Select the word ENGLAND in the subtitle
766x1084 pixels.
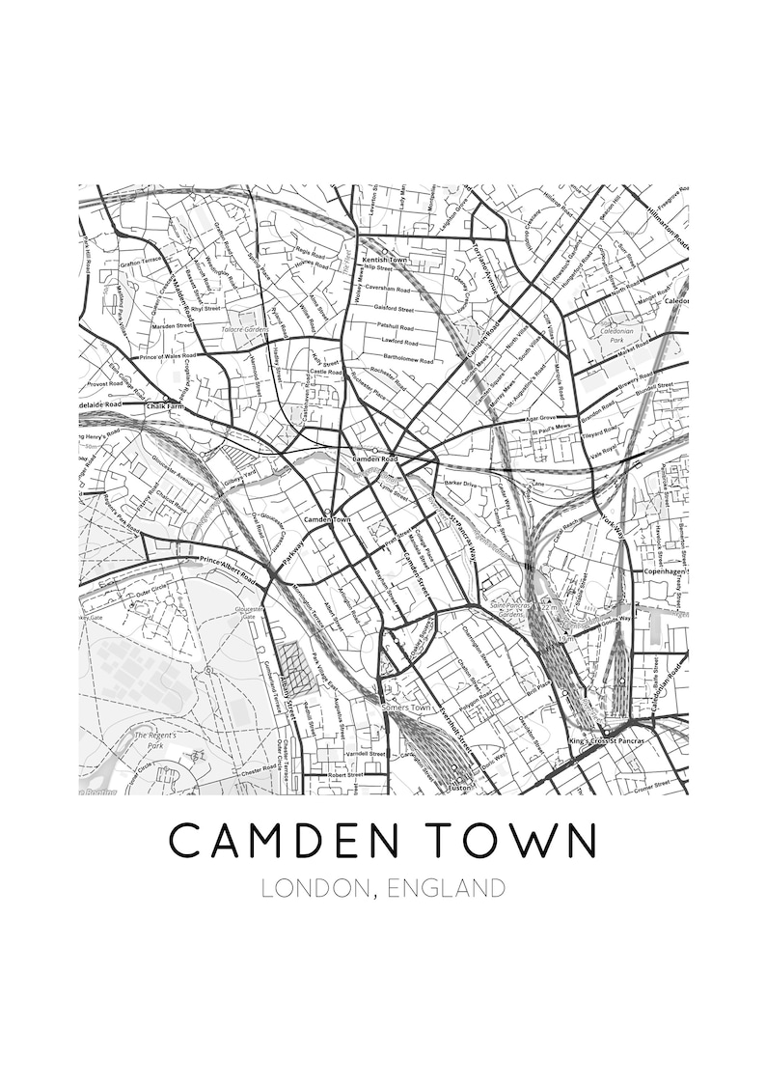(x=446, y=888)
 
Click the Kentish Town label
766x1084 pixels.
(x=384, y=261)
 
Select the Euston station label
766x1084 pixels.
(x=458, y=788)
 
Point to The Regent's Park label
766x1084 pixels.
(x=148, y=740)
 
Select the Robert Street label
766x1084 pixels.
(x=344, y=774)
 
